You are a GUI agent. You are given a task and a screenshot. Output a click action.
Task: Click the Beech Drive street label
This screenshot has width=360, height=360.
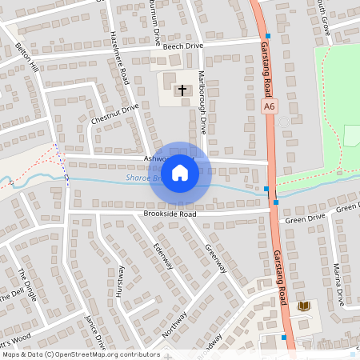183,46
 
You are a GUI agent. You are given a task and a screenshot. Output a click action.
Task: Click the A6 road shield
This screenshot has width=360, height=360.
269,105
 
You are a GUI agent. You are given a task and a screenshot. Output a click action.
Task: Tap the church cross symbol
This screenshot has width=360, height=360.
182,90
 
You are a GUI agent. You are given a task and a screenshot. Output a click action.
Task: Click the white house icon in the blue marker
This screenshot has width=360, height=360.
180,172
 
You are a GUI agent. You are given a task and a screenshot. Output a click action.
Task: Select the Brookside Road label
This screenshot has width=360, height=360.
170,214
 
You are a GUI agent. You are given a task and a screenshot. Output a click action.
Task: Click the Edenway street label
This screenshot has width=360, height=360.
163,254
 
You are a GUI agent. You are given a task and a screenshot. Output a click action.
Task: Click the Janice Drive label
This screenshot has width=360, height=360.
95,331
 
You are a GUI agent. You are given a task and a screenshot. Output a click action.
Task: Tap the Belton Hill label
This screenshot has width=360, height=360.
27,58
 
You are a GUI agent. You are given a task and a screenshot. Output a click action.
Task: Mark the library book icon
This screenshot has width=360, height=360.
303,306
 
